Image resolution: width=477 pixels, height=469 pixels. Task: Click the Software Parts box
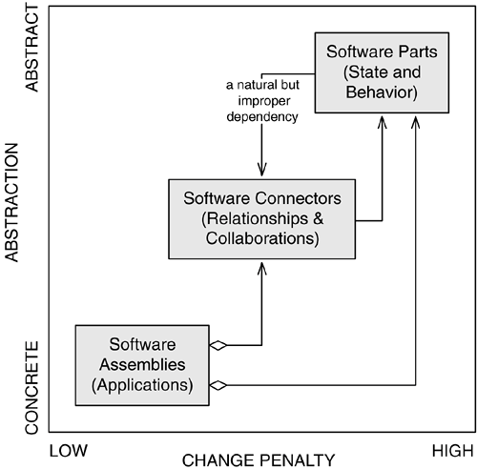pos(382,72)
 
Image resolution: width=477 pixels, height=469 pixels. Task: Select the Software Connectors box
pos(261,219)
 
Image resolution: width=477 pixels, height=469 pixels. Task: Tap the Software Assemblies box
pos(142,365)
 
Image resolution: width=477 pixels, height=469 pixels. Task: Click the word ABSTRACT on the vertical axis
pos(31,49)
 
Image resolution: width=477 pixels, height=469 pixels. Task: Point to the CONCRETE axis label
pos(31,388)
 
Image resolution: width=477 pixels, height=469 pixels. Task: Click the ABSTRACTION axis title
pos(12,203)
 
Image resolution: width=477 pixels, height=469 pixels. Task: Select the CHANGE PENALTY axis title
pos(259,460)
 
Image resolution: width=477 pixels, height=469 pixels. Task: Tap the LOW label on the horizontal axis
pos(69,451)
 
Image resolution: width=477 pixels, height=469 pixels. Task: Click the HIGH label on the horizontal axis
pos(452,451)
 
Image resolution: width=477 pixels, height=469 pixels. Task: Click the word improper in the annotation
pos(264,101)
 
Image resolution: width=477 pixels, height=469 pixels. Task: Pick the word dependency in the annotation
pos(262,117)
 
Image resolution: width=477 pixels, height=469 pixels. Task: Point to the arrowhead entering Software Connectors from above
pos(261,169)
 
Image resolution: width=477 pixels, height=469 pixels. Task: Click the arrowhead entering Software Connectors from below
pos(261,269)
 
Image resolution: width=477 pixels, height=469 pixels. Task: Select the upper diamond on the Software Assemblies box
pos(218,345)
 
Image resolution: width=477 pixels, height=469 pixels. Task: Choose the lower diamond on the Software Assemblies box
pos(218,385)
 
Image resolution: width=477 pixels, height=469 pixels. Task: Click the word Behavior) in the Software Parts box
pos(382,92)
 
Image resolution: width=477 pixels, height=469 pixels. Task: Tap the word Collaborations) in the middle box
pos(262,238)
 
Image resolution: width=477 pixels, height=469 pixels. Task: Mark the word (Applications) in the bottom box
pos(142,385)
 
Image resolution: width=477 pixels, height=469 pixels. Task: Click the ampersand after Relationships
pos(318,218)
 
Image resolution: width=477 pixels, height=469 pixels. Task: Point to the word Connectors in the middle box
pos(298,198)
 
